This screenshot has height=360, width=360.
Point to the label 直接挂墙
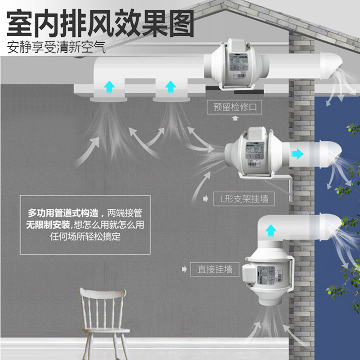click(215, 269)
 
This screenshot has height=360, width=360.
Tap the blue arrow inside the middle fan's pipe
click(297, 153)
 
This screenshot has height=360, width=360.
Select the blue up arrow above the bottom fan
click(270, 231)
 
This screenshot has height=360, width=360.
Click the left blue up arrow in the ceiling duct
click(108, 86)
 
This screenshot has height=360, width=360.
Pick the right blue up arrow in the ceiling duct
click(170, 86)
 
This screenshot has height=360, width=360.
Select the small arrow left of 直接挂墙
click(184, 269)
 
